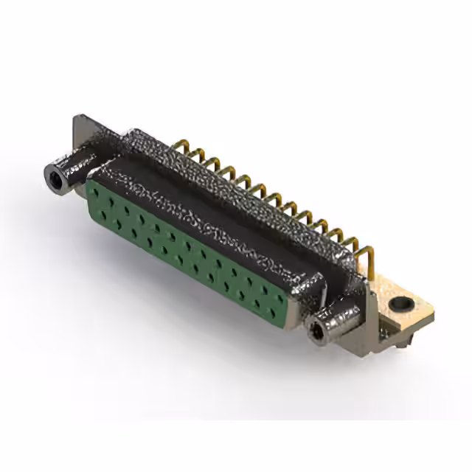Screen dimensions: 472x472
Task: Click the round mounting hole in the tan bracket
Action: coord(400,302)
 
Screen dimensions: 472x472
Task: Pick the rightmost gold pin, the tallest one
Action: coord(369,254)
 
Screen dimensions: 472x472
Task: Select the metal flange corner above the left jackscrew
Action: coord(83,125)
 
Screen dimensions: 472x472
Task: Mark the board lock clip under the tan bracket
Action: coord(402,339)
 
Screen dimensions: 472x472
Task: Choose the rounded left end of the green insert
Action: coord(90,189)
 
